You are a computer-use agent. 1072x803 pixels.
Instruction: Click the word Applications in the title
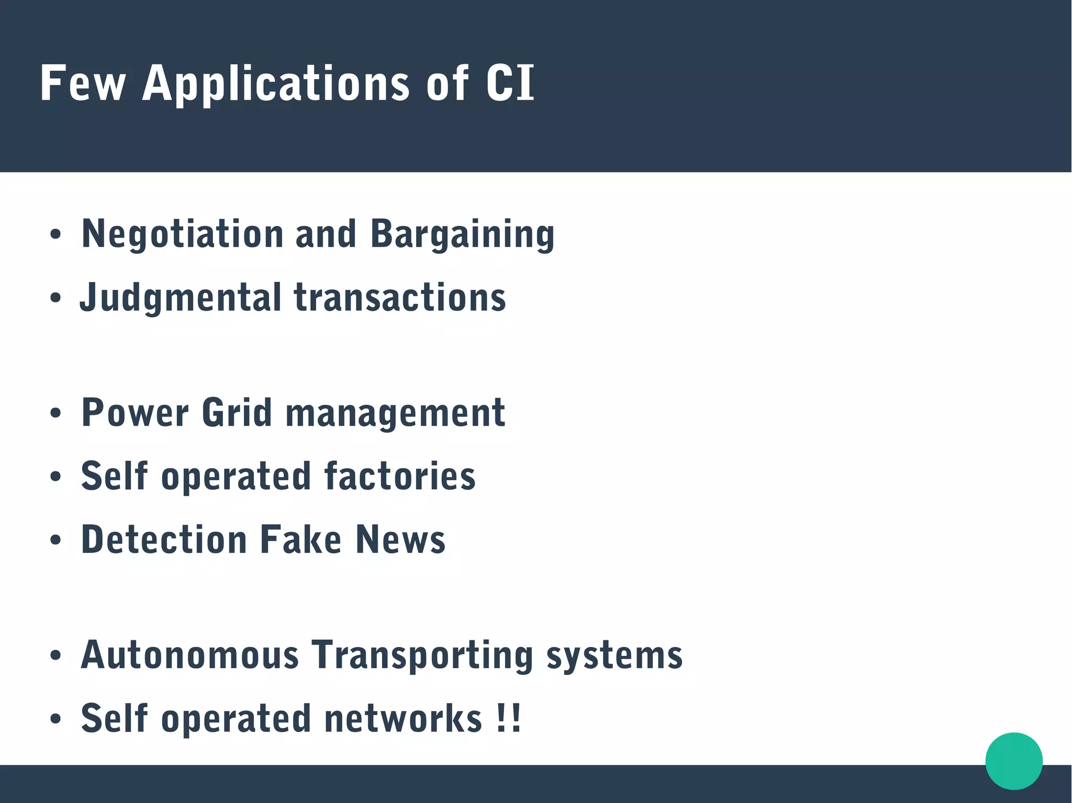[x=276, y=84]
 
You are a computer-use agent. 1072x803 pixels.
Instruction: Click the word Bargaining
[x=462, y=234]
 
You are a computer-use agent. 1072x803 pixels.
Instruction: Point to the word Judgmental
[x=181, y=298]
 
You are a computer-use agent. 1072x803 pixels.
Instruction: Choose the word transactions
[x=400, y=298]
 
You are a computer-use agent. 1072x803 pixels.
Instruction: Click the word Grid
[x=237, y=413]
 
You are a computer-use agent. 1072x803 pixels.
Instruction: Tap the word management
[x=395, y=413]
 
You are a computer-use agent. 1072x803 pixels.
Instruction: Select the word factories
[x=400, y=476]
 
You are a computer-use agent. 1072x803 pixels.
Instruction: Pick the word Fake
[x=301, y=540]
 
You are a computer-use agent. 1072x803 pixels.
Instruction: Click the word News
[x=400, y=540]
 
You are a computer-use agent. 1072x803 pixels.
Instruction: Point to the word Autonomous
[x=189, y=655]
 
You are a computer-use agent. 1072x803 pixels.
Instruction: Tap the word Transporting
[x=422, y=655]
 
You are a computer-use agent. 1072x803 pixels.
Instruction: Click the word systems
[x=615, y=655]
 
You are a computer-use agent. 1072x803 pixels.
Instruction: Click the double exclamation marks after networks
[x=509, y=718]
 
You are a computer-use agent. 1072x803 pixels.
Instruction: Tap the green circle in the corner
[x=1014, y=761]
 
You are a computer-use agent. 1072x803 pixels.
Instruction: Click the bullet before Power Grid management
[x=55, y=413]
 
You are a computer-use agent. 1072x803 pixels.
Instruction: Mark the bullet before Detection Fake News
[x=55, y=540]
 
